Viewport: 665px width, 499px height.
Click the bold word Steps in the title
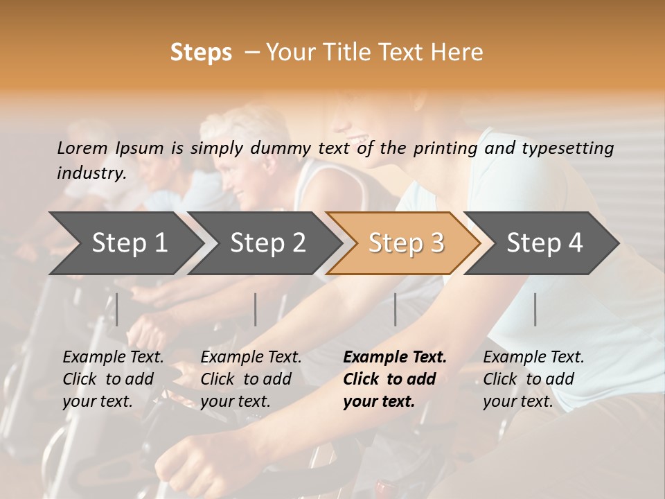coord(201,53)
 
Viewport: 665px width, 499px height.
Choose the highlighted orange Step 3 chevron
coord(406,243)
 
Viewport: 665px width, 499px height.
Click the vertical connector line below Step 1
coord(117,309)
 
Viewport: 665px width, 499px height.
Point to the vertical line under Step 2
coord(256,309)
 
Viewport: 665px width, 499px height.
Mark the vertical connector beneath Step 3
coord(396,309)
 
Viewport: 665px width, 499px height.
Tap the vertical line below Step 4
coord(535,309)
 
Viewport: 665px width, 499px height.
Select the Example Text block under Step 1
coord(113,379)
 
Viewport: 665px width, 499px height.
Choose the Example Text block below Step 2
coord(251,379)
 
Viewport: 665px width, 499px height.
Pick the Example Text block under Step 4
coord(533,379)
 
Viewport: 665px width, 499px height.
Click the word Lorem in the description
coord(82,148)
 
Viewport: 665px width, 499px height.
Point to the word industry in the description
coord(91,173)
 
